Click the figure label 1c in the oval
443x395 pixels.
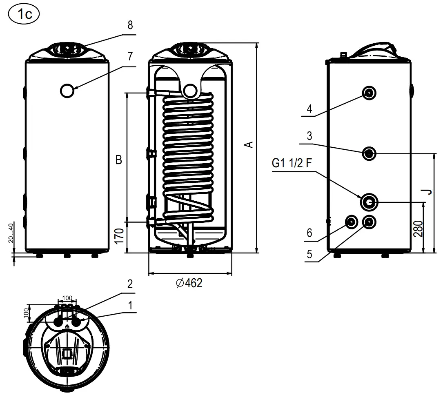click(23, 14)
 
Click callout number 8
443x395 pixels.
click(130, 25)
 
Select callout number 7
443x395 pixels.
click(130, 56)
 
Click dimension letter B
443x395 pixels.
click(118, 160)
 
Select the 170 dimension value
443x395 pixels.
click(118, 236)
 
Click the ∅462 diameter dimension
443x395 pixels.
click(189, 283)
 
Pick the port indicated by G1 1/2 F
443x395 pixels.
click(369, 201)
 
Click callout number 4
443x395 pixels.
click(309, 109)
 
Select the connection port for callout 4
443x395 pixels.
click(369, 93)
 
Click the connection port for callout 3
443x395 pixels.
click(369, 153)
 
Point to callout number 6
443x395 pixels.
click(309, 233)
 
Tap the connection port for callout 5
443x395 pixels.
click(369, 222)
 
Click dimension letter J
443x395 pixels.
click(427, 191)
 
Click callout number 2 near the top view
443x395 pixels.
click(130, 284)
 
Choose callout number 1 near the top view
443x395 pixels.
click(130, 305)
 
